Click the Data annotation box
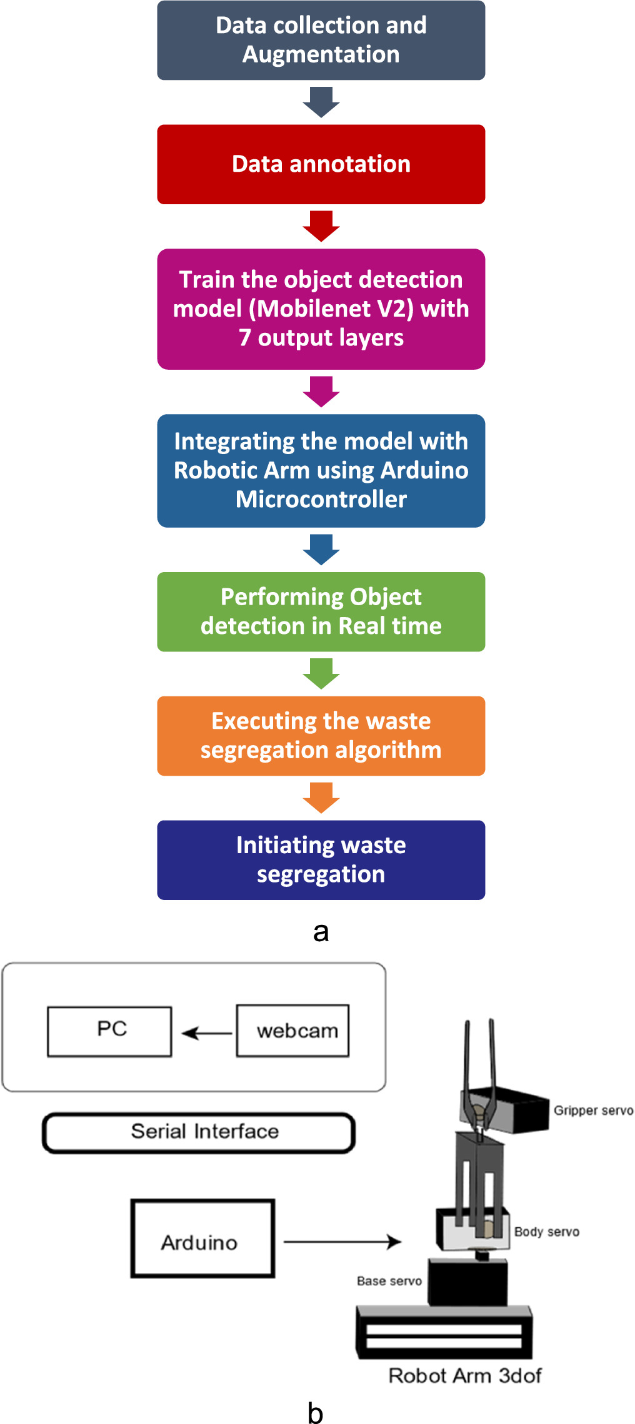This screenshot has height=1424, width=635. click(321, 164)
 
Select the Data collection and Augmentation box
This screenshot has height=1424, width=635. click(321, 40)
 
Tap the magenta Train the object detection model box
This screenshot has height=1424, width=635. click(321, 309)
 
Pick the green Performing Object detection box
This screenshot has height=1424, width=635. click(321, 611)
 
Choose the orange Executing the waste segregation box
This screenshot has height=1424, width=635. click(321, 735)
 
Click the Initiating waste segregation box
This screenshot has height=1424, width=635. click(321, 859)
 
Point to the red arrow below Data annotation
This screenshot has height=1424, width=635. click(321, 226)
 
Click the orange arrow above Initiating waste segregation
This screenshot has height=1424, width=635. click(321, 797)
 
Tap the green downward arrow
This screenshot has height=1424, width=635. click(321, 673)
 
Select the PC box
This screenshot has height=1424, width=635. click(109, 1031)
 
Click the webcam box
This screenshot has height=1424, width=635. click(292, 1031)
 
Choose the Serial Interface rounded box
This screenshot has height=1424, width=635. click(199, 1132)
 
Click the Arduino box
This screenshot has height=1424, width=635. click(202, 1238)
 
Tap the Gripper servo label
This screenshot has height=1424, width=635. click(593, 1110)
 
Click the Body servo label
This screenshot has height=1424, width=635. click(546, 1232)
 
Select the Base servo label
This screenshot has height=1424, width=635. click(389, 1281)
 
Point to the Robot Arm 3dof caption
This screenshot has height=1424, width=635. click(465, 1375)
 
